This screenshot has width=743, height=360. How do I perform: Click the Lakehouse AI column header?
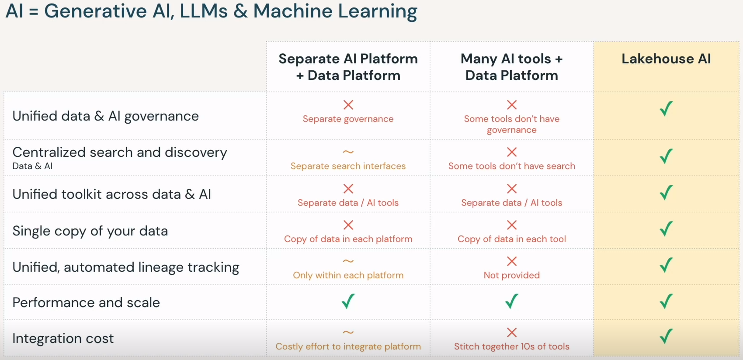pyautogui.click(x=666, y=59)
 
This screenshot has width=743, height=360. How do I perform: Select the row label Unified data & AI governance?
pyautogui.click(x=105, y=116)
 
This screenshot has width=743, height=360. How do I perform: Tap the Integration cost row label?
pyautogui.click(x=63, y=339)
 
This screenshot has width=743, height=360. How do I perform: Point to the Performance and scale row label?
pyautogui.click(x=86, y=302)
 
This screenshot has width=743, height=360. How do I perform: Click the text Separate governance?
pyautogui.click(x=348, y=119)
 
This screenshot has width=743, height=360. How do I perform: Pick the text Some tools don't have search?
pyautogui.click(x=511, y=166)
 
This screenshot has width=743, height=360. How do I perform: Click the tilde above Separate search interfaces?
pyautogui.click(x=348, y=152)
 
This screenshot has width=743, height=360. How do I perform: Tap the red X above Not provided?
pyautogui.click(x=512, y=261)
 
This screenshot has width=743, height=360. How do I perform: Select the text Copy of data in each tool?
pyautogui.click(x=511, y=239)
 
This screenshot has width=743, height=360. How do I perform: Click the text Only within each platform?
pyautogui.click(x=348, y=275)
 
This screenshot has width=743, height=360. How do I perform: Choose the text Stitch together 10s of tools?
pyautogui.click(x=511, y=346)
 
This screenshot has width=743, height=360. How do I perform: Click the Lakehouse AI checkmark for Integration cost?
pyautogui.click(x=666, y=336)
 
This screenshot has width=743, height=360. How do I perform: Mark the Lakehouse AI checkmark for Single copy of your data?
pyautogui.click(x=666, y=228)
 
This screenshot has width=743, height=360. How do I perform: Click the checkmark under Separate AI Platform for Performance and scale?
pyautogui.click(x=348, y=301)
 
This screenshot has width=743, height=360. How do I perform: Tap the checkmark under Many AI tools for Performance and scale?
pyautogui.click(x=511, y=301)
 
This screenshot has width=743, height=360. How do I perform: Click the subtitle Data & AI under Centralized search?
pyautogui.click(x=32, y=166)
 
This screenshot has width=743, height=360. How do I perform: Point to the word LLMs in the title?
pyautogui.click(x=204, y=11)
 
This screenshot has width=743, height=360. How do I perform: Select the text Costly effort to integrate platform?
pyautogui.click(x=348, y=346)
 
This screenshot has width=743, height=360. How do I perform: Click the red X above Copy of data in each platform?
pyautogui.click(x=348, y=225)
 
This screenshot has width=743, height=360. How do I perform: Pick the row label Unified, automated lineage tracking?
pyautogui.click(x=126, y=267)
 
